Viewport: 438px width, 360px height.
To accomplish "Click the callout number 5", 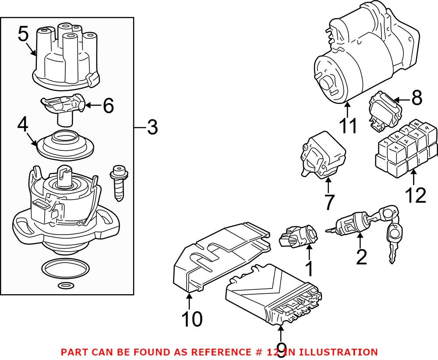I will pos(23,34).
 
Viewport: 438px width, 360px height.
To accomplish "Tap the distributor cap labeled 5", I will pos(66,61).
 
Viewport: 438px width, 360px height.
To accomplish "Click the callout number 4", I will pos(23,126).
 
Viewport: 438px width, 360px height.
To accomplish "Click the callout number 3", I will pos(152,128).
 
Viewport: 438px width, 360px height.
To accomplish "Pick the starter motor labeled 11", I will pos(364,57).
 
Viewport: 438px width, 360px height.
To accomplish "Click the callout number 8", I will pos(416,99).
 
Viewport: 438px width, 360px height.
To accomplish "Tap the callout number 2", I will pos(361,258).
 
